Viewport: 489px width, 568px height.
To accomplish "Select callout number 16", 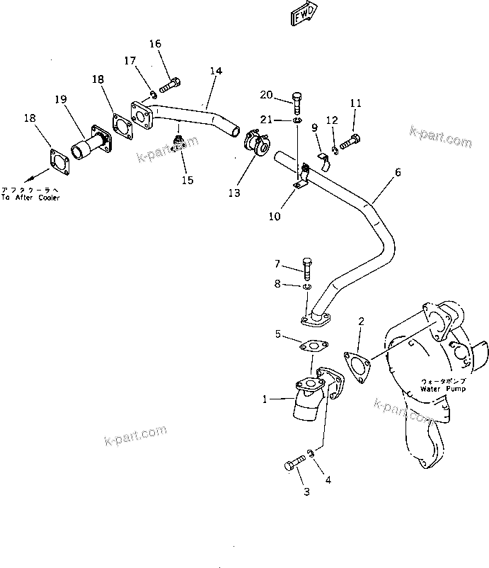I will click(x=155, y=44).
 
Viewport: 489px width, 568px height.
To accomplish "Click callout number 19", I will click(x=62, y=99).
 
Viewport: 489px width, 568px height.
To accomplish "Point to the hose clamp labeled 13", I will click(x=255, y=144).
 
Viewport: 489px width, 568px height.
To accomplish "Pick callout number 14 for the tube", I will click(x=216, y=71).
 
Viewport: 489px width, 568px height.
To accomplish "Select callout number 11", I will click(x=355, y=103).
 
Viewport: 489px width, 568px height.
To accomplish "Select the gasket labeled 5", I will click(x=311, y=347).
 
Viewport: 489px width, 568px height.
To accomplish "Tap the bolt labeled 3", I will click(x=294, y=465).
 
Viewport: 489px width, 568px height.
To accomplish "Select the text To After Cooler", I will click(x=30, y=198).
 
